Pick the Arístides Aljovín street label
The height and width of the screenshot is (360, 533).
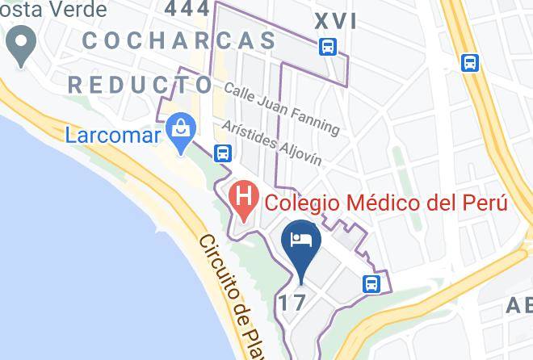coord(272,144)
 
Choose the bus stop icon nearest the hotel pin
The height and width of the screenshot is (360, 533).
coord(371,283)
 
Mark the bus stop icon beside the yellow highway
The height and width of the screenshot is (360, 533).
coord(469,62)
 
